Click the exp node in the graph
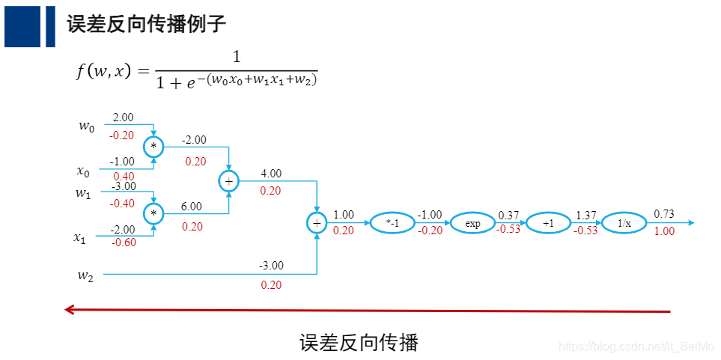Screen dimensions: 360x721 tap(472, 223)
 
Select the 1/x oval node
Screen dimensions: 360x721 tap(624, 223)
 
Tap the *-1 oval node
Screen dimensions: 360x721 tap(392, 223)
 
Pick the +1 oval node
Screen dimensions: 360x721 tap(548, 223)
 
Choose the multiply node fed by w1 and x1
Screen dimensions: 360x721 tap(153, 214)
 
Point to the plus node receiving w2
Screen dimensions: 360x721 tap(317, 223)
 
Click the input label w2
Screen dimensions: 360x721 tap(86, 275)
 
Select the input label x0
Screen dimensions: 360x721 tap(83, 171)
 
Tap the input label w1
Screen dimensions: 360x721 tap(83, 193)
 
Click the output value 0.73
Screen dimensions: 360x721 tap(663, 214)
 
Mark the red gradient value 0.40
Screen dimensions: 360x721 tap(124, 177)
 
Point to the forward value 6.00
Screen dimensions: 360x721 tap(192, 207)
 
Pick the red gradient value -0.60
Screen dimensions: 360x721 tap(124, 242)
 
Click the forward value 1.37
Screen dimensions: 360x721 tap(585, 216)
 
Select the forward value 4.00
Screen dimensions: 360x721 tap(271, 174)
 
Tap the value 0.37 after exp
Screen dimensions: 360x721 tap(508, 216)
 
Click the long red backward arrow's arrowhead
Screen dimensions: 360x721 tap(69, 309)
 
